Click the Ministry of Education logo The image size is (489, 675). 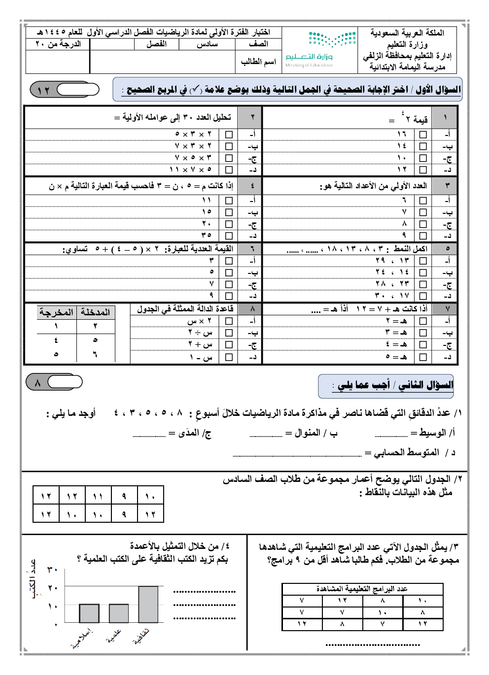tap(320, 48)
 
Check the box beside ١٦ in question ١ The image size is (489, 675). tap(423, 135)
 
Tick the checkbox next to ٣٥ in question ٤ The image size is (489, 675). tap(229, 236)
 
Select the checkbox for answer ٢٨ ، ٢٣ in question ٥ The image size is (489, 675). tap(423, 284)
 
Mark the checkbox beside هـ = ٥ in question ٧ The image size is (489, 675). tap(423, 357)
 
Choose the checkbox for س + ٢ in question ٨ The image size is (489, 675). tap(229, 345)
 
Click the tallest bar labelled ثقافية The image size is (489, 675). tap(148, 604)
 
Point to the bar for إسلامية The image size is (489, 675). tap(89, 613)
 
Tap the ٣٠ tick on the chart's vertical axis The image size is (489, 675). tap(53, 570)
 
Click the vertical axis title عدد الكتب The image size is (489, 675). tap(33, 579)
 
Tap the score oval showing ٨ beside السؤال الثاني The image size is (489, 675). tap(54, 382)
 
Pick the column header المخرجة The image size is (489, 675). tap(56, 312)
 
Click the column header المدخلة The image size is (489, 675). tap(95, 312)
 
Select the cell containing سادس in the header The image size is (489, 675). tap(207, 44)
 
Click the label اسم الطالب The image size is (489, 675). tap(258, 62)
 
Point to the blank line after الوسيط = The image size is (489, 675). tap(391, 436)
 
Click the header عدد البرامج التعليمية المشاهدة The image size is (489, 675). tap(362, 589)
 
